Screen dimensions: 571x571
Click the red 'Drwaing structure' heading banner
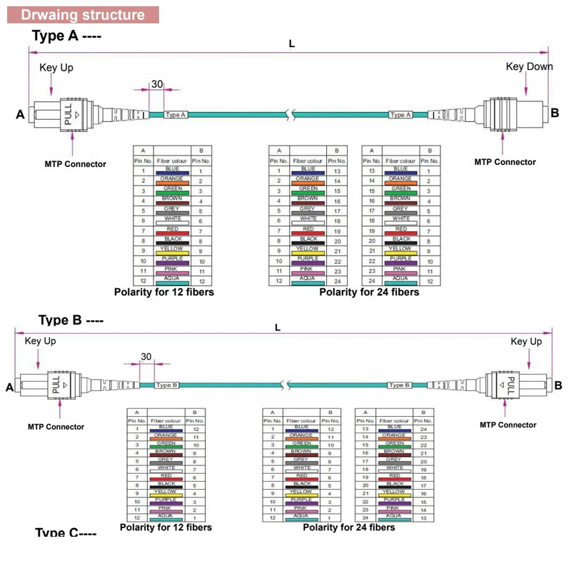82,15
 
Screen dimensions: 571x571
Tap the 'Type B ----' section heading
71,320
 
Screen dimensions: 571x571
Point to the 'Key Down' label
529,66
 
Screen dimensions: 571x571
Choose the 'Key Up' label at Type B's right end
526,342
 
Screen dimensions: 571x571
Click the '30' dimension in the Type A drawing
156,84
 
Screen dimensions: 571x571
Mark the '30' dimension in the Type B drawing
146,356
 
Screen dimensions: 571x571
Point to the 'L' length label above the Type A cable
292,44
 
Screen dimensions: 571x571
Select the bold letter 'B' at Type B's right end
557,385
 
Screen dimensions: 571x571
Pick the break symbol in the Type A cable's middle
287,114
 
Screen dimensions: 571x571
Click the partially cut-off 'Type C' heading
65,533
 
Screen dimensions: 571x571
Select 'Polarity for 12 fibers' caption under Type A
164,291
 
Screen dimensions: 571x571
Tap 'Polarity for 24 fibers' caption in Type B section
348,527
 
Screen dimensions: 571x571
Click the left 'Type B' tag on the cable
166,385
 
